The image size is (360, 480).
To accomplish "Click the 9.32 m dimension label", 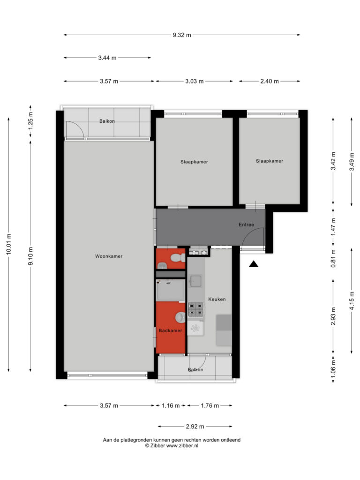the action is click(x=182, y=35).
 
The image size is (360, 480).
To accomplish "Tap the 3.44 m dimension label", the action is click(x=107, y=58).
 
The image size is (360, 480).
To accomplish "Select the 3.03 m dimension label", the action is click(x=195, y=81).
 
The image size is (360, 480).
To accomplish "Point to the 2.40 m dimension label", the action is click(x=270, y=81).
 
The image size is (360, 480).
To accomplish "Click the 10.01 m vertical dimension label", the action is click(x=8, y=244).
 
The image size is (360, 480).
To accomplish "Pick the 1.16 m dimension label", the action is click(x=171, y=405).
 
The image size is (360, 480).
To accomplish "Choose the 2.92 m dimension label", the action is click(x=195, y=427).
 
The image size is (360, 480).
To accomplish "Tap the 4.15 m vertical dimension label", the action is click(x=352, y=300).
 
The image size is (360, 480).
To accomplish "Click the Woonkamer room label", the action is click(x=109, y=256).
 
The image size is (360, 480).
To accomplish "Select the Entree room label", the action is click(x=247, y=225).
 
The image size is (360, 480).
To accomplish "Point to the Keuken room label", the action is click(x=217, y=299).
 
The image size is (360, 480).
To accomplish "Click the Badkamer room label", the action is click(x=171, y=330).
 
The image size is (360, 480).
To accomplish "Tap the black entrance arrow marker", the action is click(x=254, y=264).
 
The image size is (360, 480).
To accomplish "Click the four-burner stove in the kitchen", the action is click(x=195, y=309).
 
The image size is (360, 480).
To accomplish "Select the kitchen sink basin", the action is click(x=195, y=281).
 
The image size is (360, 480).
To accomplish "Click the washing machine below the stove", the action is click(x=195, y=328).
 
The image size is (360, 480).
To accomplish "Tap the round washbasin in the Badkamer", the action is click(x=180, y=317).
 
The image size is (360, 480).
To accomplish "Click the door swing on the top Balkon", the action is click(x=75, y=130).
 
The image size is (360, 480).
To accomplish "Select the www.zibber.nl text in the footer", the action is click(x=182, y=446).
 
